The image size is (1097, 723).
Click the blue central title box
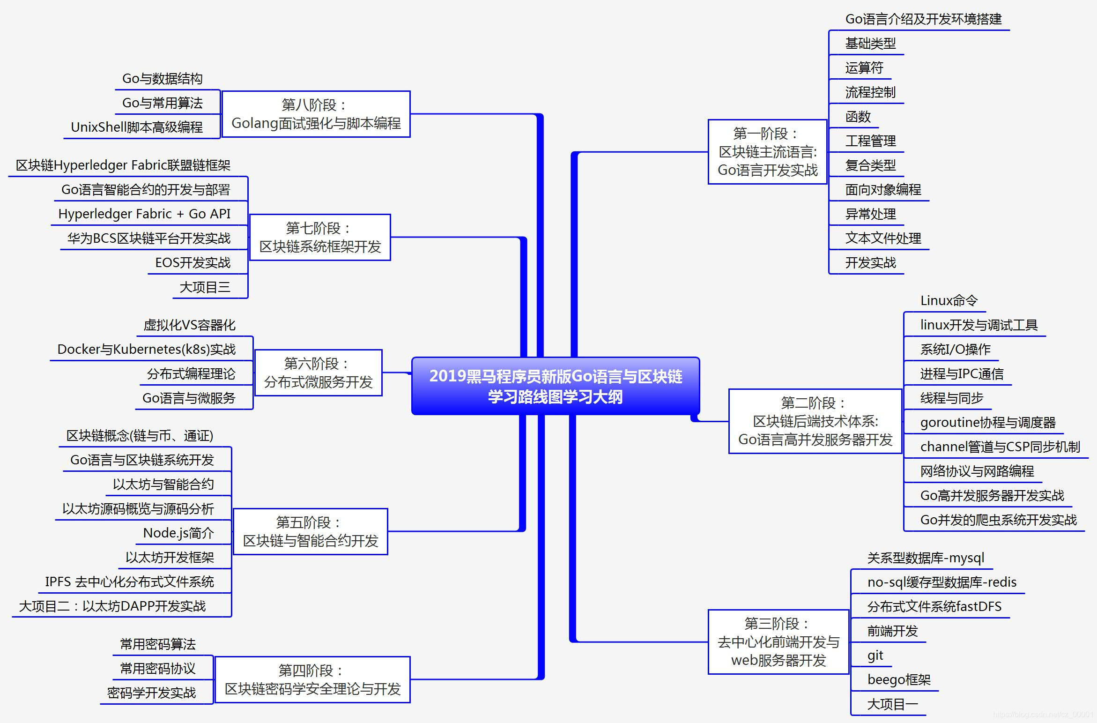[x=556, y=386]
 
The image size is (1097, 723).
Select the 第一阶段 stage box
[x=767, y=152]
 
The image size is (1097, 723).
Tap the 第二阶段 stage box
[x=815, y=421]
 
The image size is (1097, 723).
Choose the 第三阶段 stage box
[x=778, y=642]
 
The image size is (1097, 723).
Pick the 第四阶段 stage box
[x=312, y=679]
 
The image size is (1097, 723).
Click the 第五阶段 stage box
[x=310, y=531]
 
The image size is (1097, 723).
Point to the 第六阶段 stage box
[x=318, y=373]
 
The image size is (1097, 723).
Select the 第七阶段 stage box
[x=320, y=237]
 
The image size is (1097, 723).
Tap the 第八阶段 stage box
[x=316, y=114]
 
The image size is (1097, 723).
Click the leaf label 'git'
[x=875, y=655]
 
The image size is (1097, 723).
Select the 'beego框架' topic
[x=898, y=679]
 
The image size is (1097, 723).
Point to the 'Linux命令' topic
[x=949, y=300]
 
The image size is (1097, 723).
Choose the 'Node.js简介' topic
[x=178, y=533]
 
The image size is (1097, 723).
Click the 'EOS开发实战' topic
[x=193, y=262]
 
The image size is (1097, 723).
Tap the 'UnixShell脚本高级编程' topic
[x=137, y=127]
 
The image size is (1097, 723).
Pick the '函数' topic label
[x=858, y=116]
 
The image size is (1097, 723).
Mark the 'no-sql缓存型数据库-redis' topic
[x=941, y=582]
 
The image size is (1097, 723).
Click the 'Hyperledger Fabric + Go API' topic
[x=144, y=214]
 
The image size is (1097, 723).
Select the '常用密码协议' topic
[x=157, y=668]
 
